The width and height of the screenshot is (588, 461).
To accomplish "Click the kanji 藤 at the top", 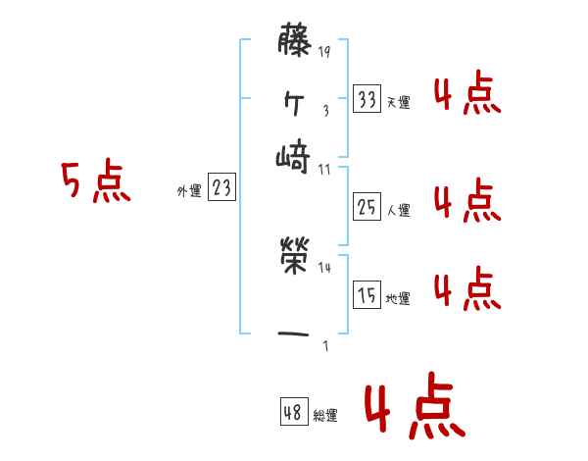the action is [x=294, y=42].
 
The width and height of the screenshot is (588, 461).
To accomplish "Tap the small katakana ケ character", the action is [x=294, y=99].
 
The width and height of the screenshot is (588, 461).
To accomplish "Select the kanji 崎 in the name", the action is [x=294, y=155].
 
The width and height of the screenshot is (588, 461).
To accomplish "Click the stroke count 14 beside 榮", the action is [x=324, y=267].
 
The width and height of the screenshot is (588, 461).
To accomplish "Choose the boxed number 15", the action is [x=367, y=294].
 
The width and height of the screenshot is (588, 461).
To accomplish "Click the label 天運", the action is [x=398, y=102].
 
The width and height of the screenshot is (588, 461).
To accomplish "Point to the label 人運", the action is [x=398, y=209].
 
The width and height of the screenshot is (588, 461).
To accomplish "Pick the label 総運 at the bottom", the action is [x=325, y=416].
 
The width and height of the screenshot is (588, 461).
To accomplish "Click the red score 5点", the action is [x=95, y=183].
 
